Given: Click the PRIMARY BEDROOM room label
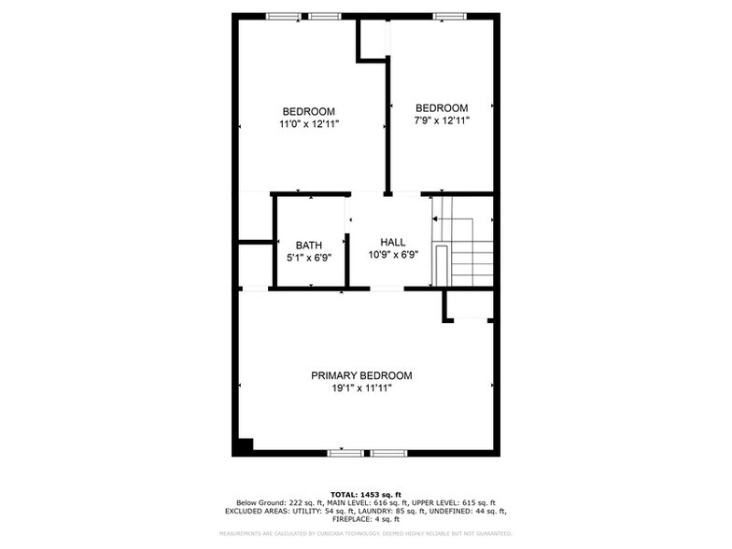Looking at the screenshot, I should pos(361,375).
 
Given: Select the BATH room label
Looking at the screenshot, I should pos(309,246).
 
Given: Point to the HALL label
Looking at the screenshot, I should pos(392,242).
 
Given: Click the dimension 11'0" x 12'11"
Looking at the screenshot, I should pos(308,123).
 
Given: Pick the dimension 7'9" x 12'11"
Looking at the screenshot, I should pos(442,120).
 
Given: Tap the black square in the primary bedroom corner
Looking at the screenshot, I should pos(245,445).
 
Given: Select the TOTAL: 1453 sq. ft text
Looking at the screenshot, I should pos(365,494).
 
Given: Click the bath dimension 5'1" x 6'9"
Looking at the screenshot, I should pos(309,258).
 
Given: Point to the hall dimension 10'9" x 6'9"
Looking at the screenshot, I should pos(392,254).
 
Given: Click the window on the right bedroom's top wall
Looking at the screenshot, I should pos(448,16).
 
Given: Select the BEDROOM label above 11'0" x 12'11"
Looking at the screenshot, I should pos(308,111).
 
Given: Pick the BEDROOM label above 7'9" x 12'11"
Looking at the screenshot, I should pos(442,107).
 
